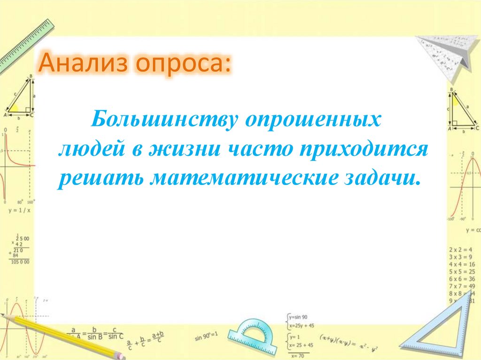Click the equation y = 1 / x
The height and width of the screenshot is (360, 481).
19,210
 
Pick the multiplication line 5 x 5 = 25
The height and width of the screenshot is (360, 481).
462,271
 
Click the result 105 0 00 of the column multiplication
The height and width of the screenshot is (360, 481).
20,261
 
